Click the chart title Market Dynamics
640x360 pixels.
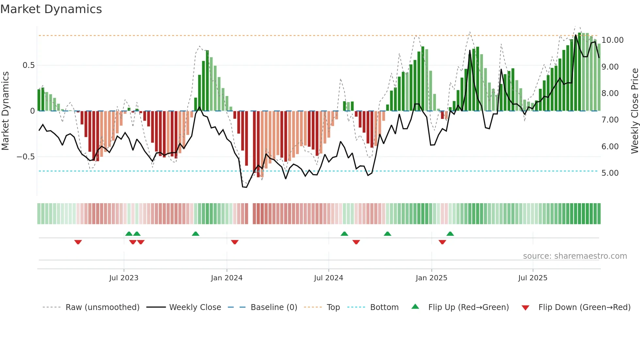[51, 9]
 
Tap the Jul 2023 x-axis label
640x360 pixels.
[124, 278]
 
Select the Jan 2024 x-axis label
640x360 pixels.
[227, 278]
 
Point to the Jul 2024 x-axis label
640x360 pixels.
[328, 278]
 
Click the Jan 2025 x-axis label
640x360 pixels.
[431, 278]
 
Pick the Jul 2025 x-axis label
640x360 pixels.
[533, 278]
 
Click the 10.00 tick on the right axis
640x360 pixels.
[612, 40]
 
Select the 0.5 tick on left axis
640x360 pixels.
[28, 65]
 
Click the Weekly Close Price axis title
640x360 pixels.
[634, 111]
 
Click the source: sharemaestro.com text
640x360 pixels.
[575, 256]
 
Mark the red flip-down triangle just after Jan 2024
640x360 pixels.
[235, 242]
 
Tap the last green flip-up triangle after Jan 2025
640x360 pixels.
[450, 234]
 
